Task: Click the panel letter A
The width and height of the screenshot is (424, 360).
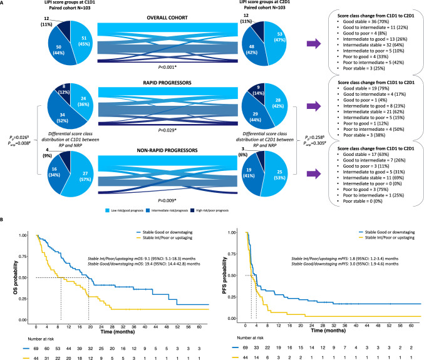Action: click(x=4, y=4)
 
